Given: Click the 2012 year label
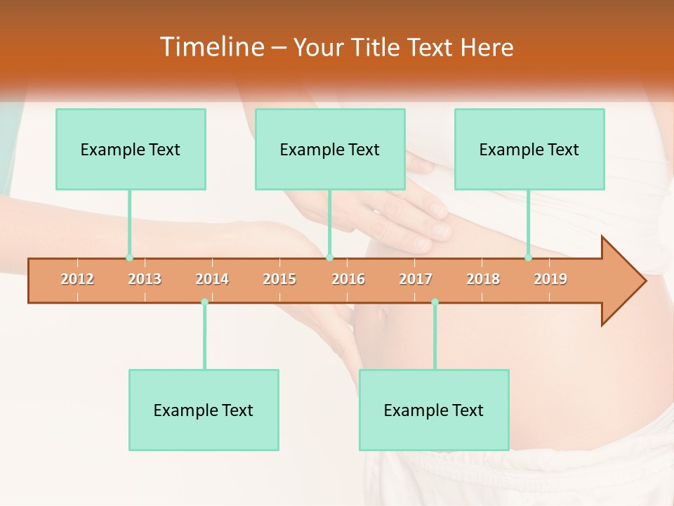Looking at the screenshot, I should (x=77, y=280).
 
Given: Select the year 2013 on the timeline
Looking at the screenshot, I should (x=145, y=280).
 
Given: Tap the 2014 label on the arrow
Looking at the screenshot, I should (x=212, y=280).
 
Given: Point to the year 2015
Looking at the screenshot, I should (x=279, y=280).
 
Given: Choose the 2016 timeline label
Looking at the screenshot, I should (x=348, y=280).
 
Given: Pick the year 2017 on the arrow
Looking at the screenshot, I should (x=416, y=280).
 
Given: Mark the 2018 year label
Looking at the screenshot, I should (x=483, y=280).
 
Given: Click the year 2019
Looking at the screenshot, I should (x=550, y=280).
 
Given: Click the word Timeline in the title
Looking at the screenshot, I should (x=211, y=47).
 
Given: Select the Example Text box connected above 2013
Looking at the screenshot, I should (x=131, y=149).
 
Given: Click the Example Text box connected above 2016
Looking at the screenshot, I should (x=330, y=149).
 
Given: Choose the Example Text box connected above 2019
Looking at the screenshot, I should (x=529, y=149).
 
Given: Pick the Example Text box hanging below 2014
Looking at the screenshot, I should (x=204, y=410).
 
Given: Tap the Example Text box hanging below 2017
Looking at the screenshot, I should (x=434, y=410).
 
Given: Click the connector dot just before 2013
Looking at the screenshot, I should (x=129, y=258).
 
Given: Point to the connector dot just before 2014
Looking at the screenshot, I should (x=204, y=302).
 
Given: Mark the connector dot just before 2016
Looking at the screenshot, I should (x=329, y=258).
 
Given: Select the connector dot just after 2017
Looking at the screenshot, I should (x=435, y=302).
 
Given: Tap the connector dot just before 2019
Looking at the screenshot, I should (x=529, y=258).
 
